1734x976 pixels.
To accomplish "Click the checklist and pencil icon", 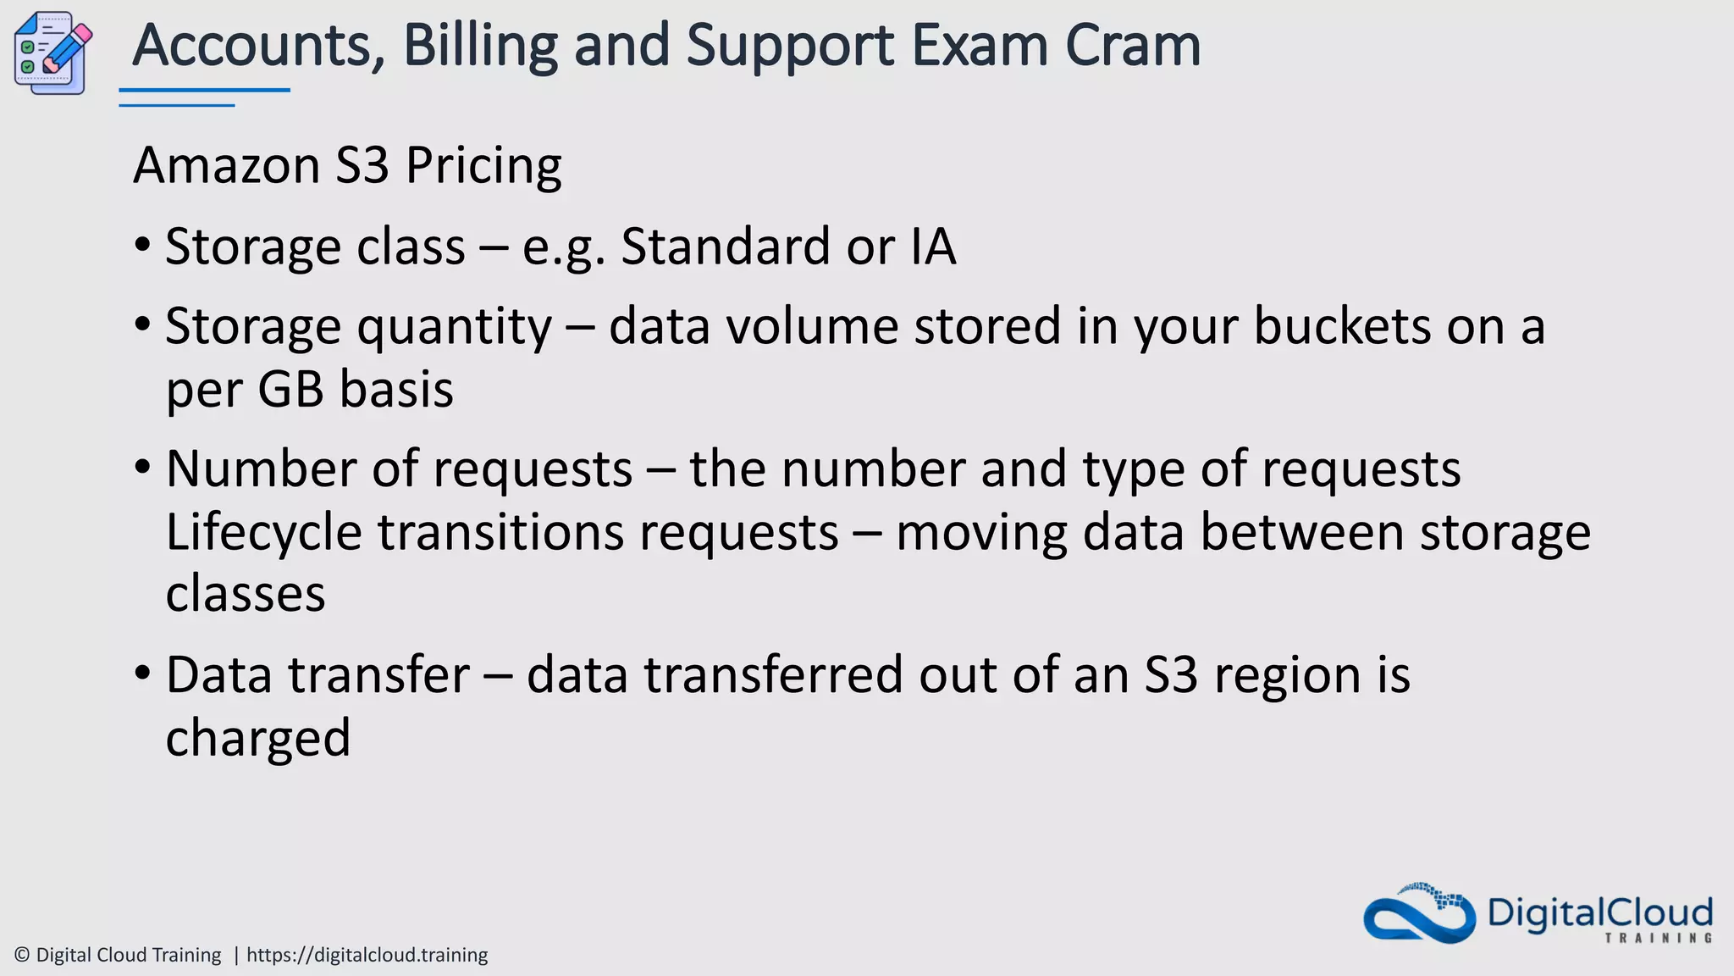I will tap(52, 53).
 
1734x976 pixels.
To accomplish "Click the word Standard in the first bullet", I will tap(726, 247).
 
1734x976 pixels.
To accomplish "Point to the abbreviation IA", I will tap(933, 247).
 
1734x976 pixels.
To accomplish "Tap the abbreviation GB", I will tap(290, 390).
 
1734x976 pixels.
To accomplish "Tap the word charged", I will tap(257, 737).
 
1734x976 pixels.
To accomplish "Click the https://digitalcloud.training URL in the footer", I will tap(367, 955).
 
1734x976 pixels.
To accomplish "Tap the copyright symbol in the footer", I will tap(22, 955).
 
